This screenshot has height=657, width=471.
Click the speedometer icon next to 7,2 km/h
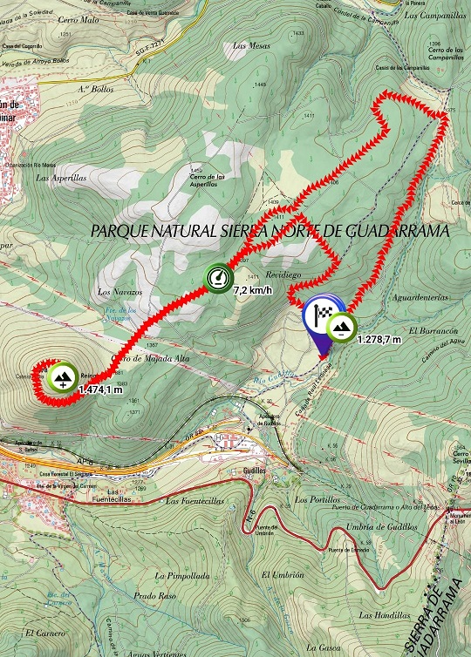[x=217, y=278]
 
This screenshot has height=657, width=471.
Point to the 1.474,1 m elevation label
[x=99, y=389]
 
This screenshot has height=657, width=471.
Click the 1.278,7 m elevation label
[x=379, y=338]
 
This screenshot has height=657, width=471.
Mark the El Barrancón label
[x=436, y=332]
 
